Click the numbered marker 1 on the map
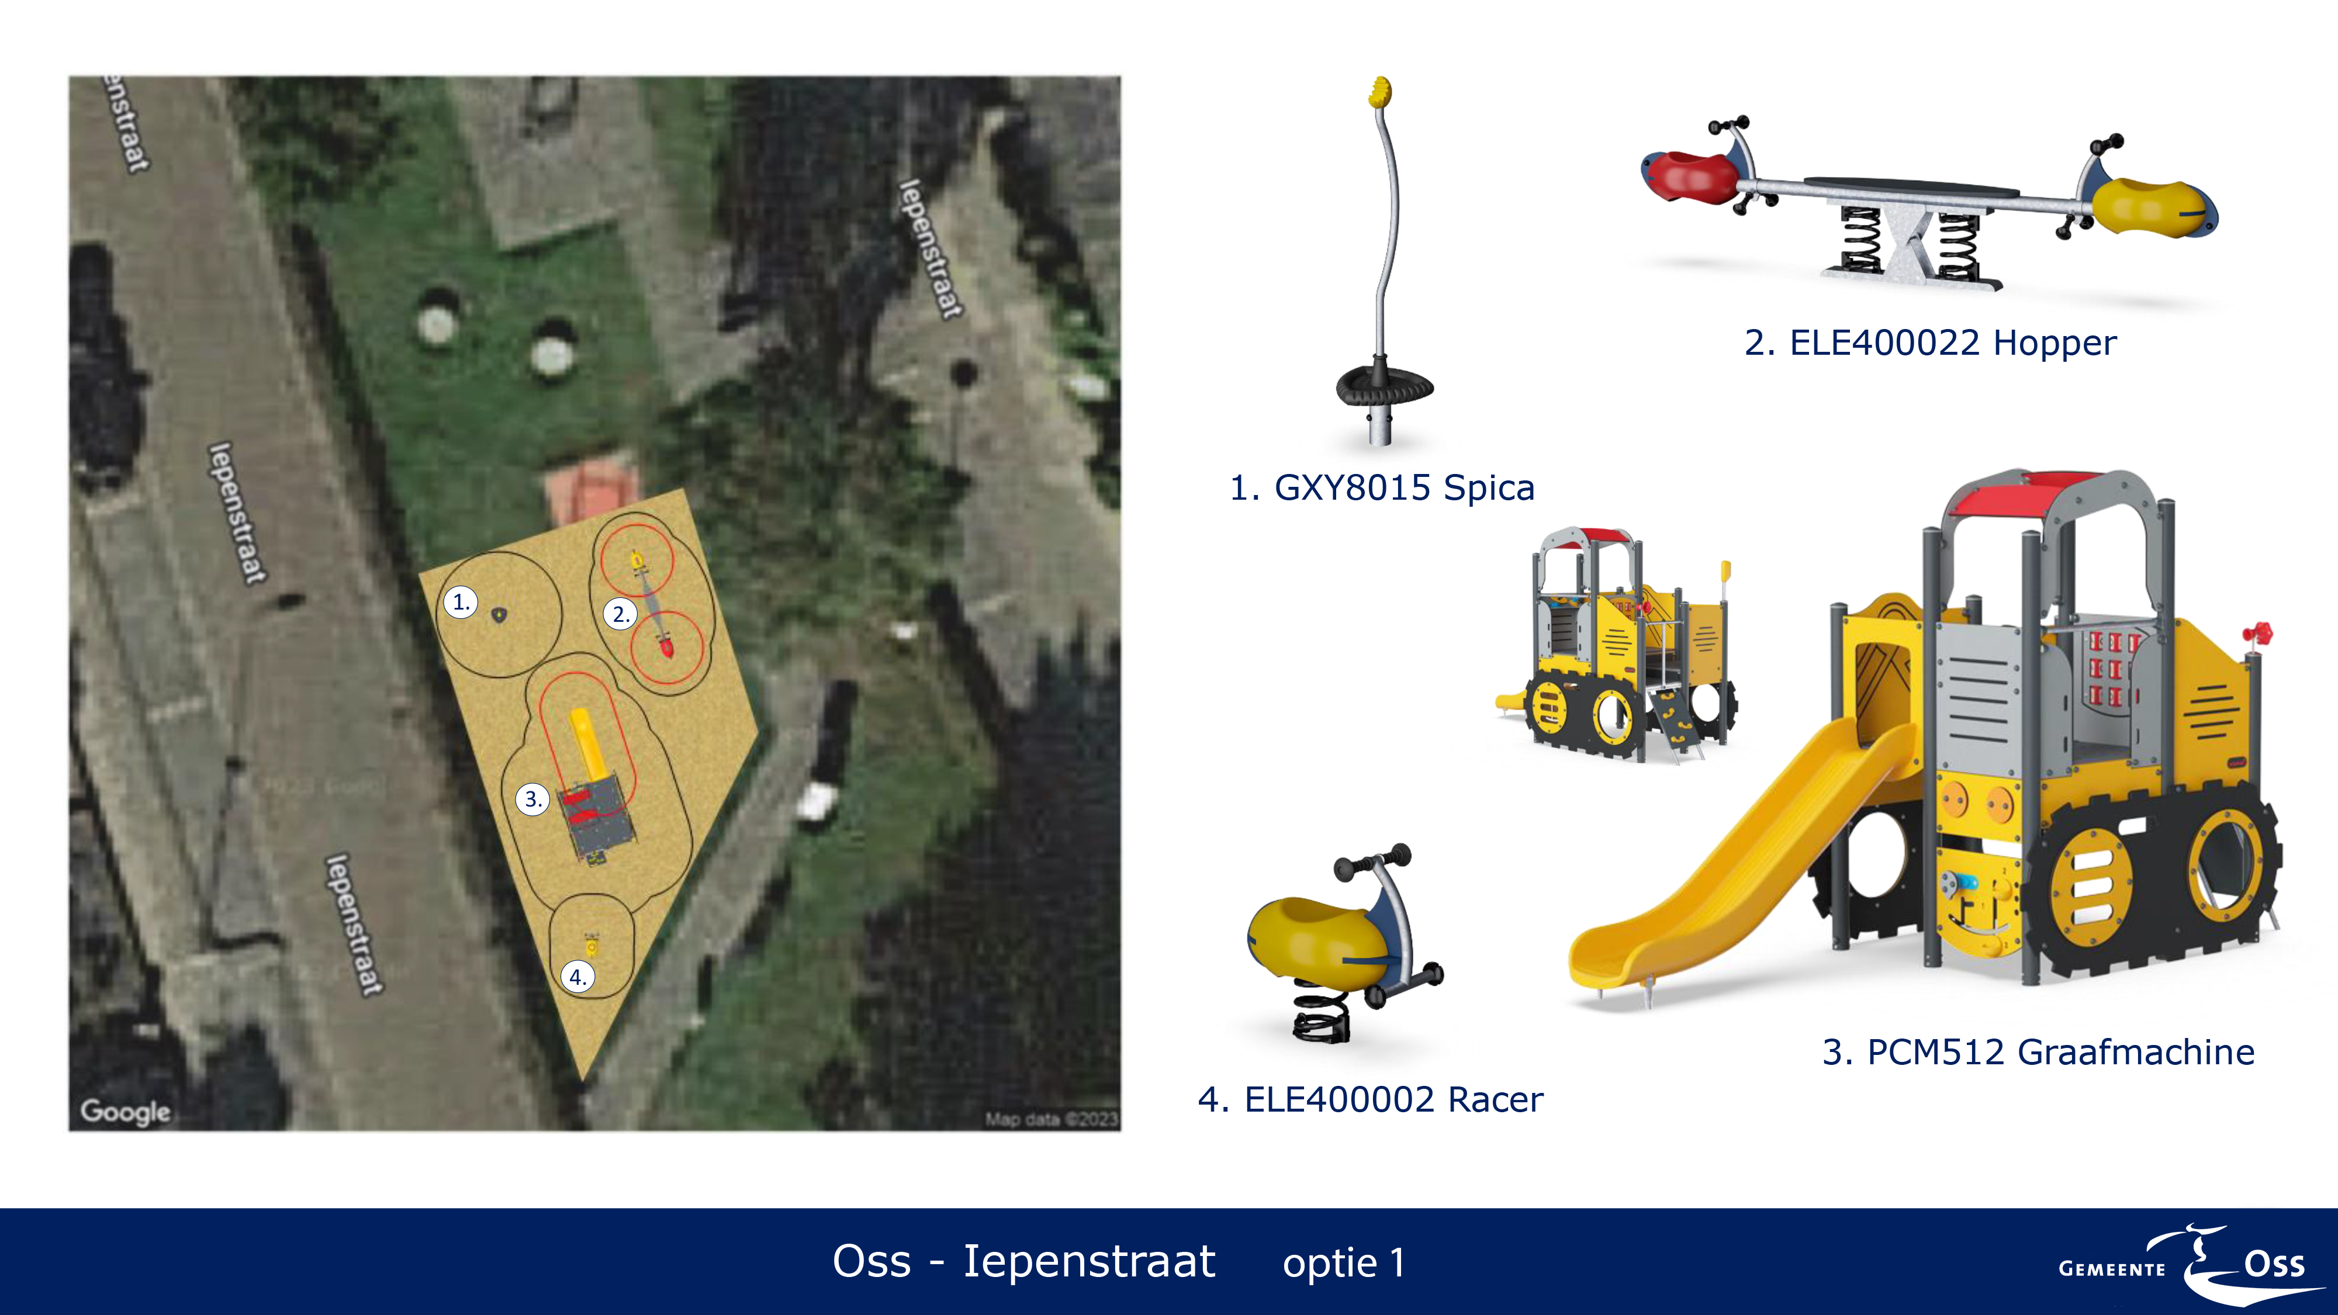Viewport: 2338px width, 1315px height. (x=460, y=602)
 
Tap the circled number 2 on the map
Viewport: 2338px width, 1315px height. (x=620, y=614)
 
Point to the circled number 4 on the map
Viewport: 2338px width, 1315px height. (x=577, y=977)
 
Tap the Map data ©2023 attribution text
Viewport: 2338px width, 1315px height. (x=1052, y=1119)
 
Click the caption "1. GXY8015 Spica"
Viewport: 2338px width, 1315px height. (x=1381, y=488)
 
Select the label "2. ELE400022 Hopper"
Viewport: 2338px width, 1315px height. (x=1931, y=343)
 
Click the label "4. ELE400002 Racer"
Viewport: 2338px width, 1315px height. (x=1371, y=1099)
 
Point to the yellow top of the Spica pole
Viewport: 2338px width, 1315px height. (x=1379, y=92)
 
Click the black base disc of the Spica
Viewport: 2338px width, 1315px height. (x=1384, y=386)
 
